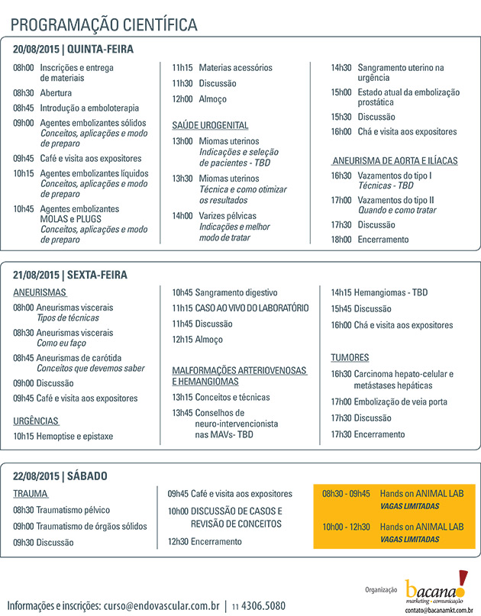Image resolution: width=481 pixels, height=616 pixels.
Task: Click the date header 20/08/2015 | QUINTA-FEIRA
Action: click(x=73, y=50)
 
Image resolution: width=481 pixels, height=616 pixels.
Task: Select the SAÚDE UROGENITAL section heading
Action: click(x=210, y=124)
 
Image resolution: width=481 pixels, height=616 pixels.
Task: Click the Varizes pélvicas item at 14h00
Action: click(x=228, y=216)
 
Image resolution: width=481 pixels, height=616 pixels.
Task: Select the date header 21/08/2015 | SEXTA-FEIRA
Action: click(x=70, y=275)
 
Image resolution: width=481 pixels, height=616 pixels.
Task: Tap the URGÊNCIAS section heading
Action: click(x=36, y=421)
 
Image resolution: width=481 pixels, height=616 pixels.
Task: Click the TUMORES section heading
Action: click(x=350, y=357)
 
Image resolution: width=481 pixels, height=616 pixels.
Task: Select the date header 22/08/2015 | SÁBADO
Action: click(x=60, y=476)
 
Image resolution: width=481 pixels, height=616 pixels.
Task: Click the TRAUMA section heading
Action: click(x=31, y=494)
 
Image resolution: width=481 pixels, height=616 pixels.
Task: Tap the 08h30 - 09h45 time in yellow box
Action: click(x=346, y=493)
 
